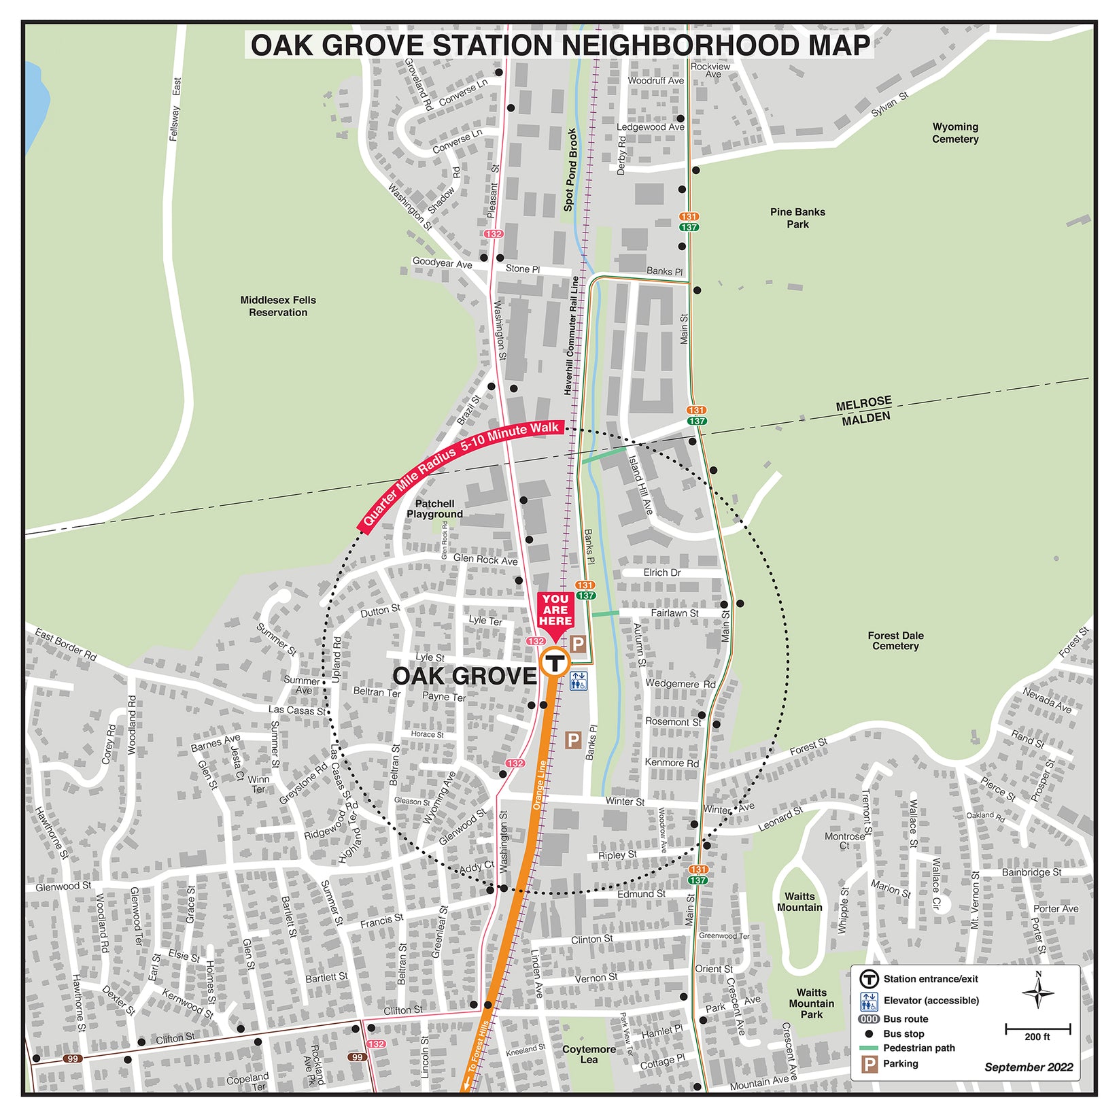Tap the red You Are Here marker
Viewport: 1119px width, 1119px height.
point(555,611)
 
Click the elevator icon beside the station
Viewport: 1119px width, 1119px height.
point(579,681)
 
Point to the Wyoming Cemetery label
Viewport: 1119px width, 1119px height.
point(954,133)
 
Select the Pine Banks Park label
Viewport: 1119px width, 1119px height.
point(797,218)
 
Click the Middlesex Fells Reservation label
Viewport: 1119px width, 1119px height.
point(278,306)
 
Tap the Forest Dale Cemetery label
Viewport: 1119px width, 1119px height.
point(895,640)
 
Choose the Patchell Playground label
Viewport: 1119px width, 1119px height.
point(434,509)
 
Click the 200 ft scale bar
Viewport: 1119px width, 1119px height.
point(1037,1029)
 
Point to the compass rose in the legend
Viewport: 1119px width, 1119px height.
point(1037,994)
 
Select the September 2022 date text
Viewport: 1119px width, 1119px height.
point(1028,1067)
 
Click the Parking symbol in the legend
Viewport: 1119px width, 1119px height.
point(869,1064)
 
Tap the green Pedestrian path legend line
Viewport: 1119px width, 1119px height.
point(869,1048)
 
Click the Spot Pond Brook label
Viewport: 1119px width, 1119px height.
point(570,170)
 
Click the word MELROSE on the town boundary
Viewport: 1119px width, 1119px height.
point(863,404)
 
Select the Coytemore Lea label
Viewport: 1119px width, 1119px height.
point(589,1054)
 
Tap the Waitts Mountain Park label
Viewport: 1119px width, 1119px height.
point(811,1003)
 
